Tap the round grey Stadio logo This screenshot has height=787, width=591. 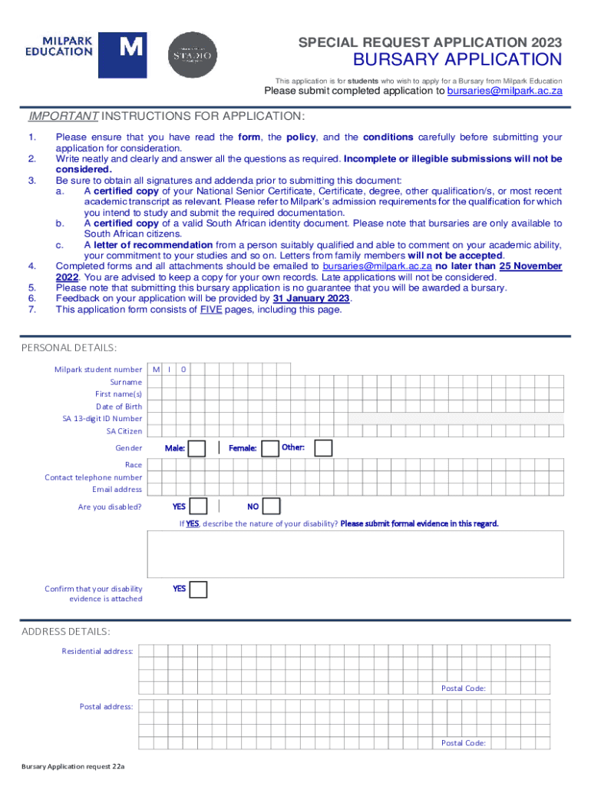click(x=193, y=55)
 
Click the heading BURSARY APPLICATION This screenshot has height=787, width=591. click(x=457, y=60)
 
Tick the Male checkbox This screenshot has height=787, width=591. click(x=197, y=448)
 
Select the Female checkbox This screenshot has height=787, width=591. click(x=270, y=448)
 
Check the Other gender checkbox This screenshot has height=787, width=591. click(x=323, y=448)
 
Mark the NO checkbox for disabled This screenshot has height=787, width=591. click(x=272, y=506)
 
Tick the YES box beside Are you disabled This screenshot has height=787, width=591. click(x=197, y=506)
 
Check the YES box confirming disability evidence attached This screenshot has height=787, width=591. click(x=198, y=589)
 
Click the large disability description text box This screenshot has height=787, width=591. click(x=355, y=553)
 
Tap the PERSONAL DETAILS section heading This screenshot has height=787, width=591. click(x=69, y=348)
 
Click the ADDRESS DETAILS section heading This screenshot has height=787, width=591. click(x=65, y=632)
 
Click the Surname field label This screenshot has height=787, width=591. click(x=126, y=382)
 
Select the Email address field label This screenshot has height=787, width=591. click(x=117, y=490)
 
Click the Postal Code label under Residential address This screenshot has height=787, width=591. click(x=464, y=688)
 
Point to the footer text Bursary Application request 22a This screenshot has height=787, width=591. click(x=73, y=767)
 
